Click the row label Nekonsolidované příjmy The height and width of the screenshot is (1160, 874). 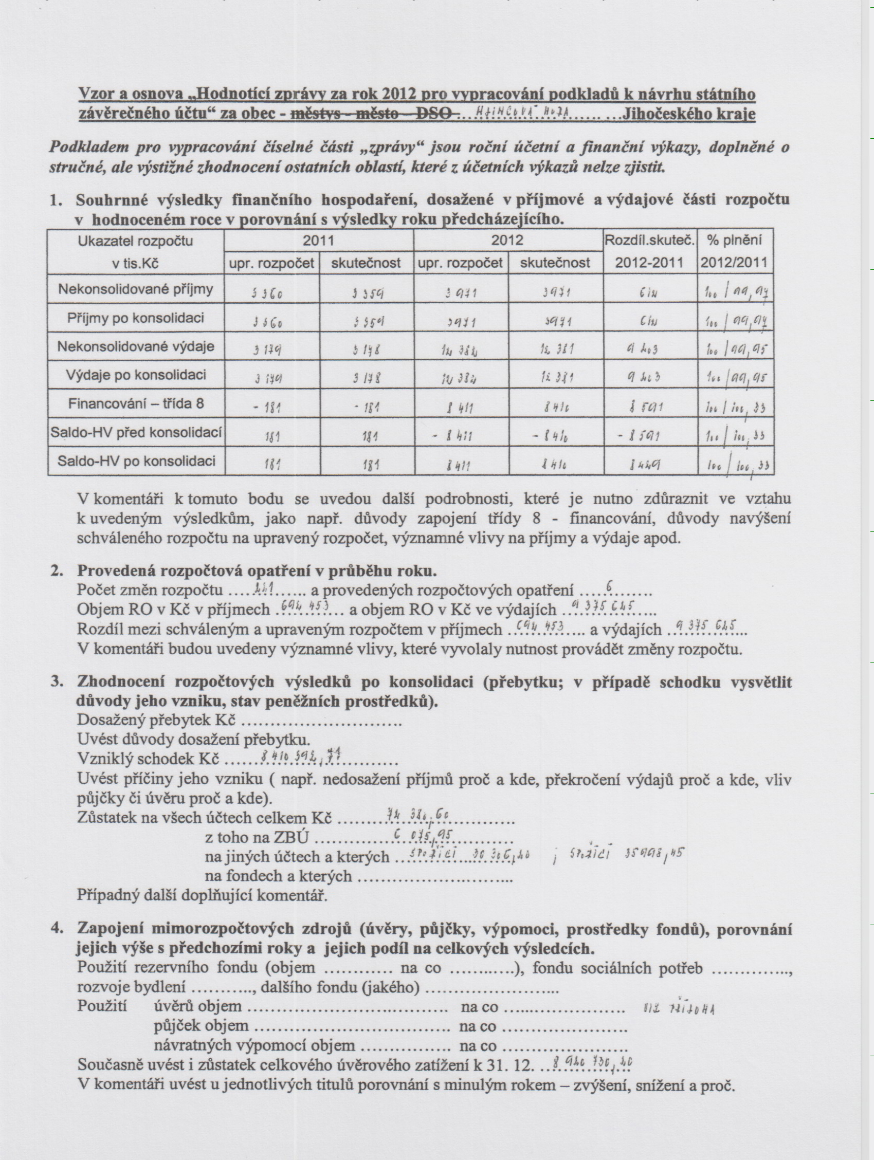point(135,289)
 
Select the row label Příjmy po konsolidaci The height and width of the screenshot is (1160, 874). point(135,318)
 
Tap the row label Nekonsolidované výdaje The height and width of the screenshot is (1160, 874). point(135,347)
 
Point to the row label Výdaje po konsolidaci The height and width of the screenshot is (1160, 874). point(135,375)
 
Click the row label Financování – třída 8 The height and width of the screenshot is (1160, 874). point(135,403)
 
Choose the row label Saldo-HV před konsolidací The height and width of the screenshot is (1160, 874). point(135,433)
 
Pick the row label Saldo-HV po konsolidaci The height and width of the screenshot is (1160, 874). point(135,461)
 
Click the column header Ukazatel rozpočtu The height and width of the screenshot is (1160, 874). point(135,241)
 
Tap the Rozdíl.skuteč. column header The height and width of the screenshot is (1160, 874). point(649,241)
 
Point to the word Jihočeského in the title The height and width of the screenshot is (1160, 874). point(663,114)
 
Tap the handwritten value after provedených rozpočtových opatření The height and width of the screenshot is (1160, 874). point(609,585)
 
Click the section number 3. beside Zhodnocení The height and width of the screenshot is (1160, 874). point(57,682)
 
